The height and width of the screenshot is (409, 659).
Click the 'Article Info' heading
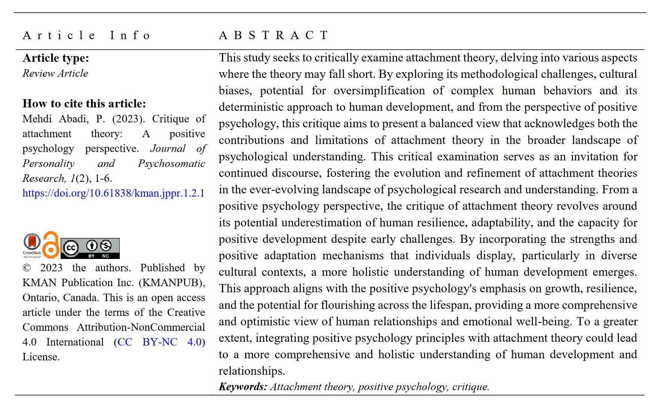pos(86,36)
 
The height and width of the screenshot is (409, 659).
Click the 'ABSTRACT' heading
pos(274,36)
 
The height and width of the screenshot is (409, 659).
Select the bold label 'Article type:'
pos(56,58)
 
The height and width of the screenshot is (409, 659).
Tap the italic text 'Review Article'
pos(55,73)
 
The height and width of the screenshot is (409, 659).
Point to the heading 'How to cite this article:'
pos(84,104)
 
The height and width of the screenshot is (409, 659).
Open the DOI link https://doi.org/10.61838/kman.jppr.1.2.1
pos(113,193)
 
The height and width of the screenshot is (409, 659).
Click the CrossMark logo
pos(32,244)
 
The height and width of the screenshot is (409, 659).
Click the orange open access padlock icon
pos(51,245)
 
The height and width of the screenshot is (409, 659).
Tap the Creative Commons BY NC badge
pos(90,248)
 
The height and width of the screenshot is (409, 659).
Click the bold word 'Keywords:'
pos(243,387)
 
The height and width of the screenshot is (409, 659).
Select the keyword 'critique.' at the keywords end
pos(471,387)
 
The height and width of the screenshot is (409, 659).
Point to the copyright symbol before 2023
pos(27,268)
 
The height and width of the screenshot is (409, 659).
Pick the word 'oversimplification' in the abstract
pos(379,91)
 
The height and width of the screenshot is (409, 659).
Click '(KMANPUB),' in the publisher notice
pos(172,283)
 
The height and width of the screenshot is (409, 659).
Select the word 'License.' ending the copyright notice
pos(41,357)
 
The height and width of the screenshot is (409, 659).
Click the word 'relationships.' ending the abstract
pos(252,371)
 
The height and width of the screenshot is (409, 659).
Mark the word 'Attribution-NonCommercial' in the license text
pos(141,327)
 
